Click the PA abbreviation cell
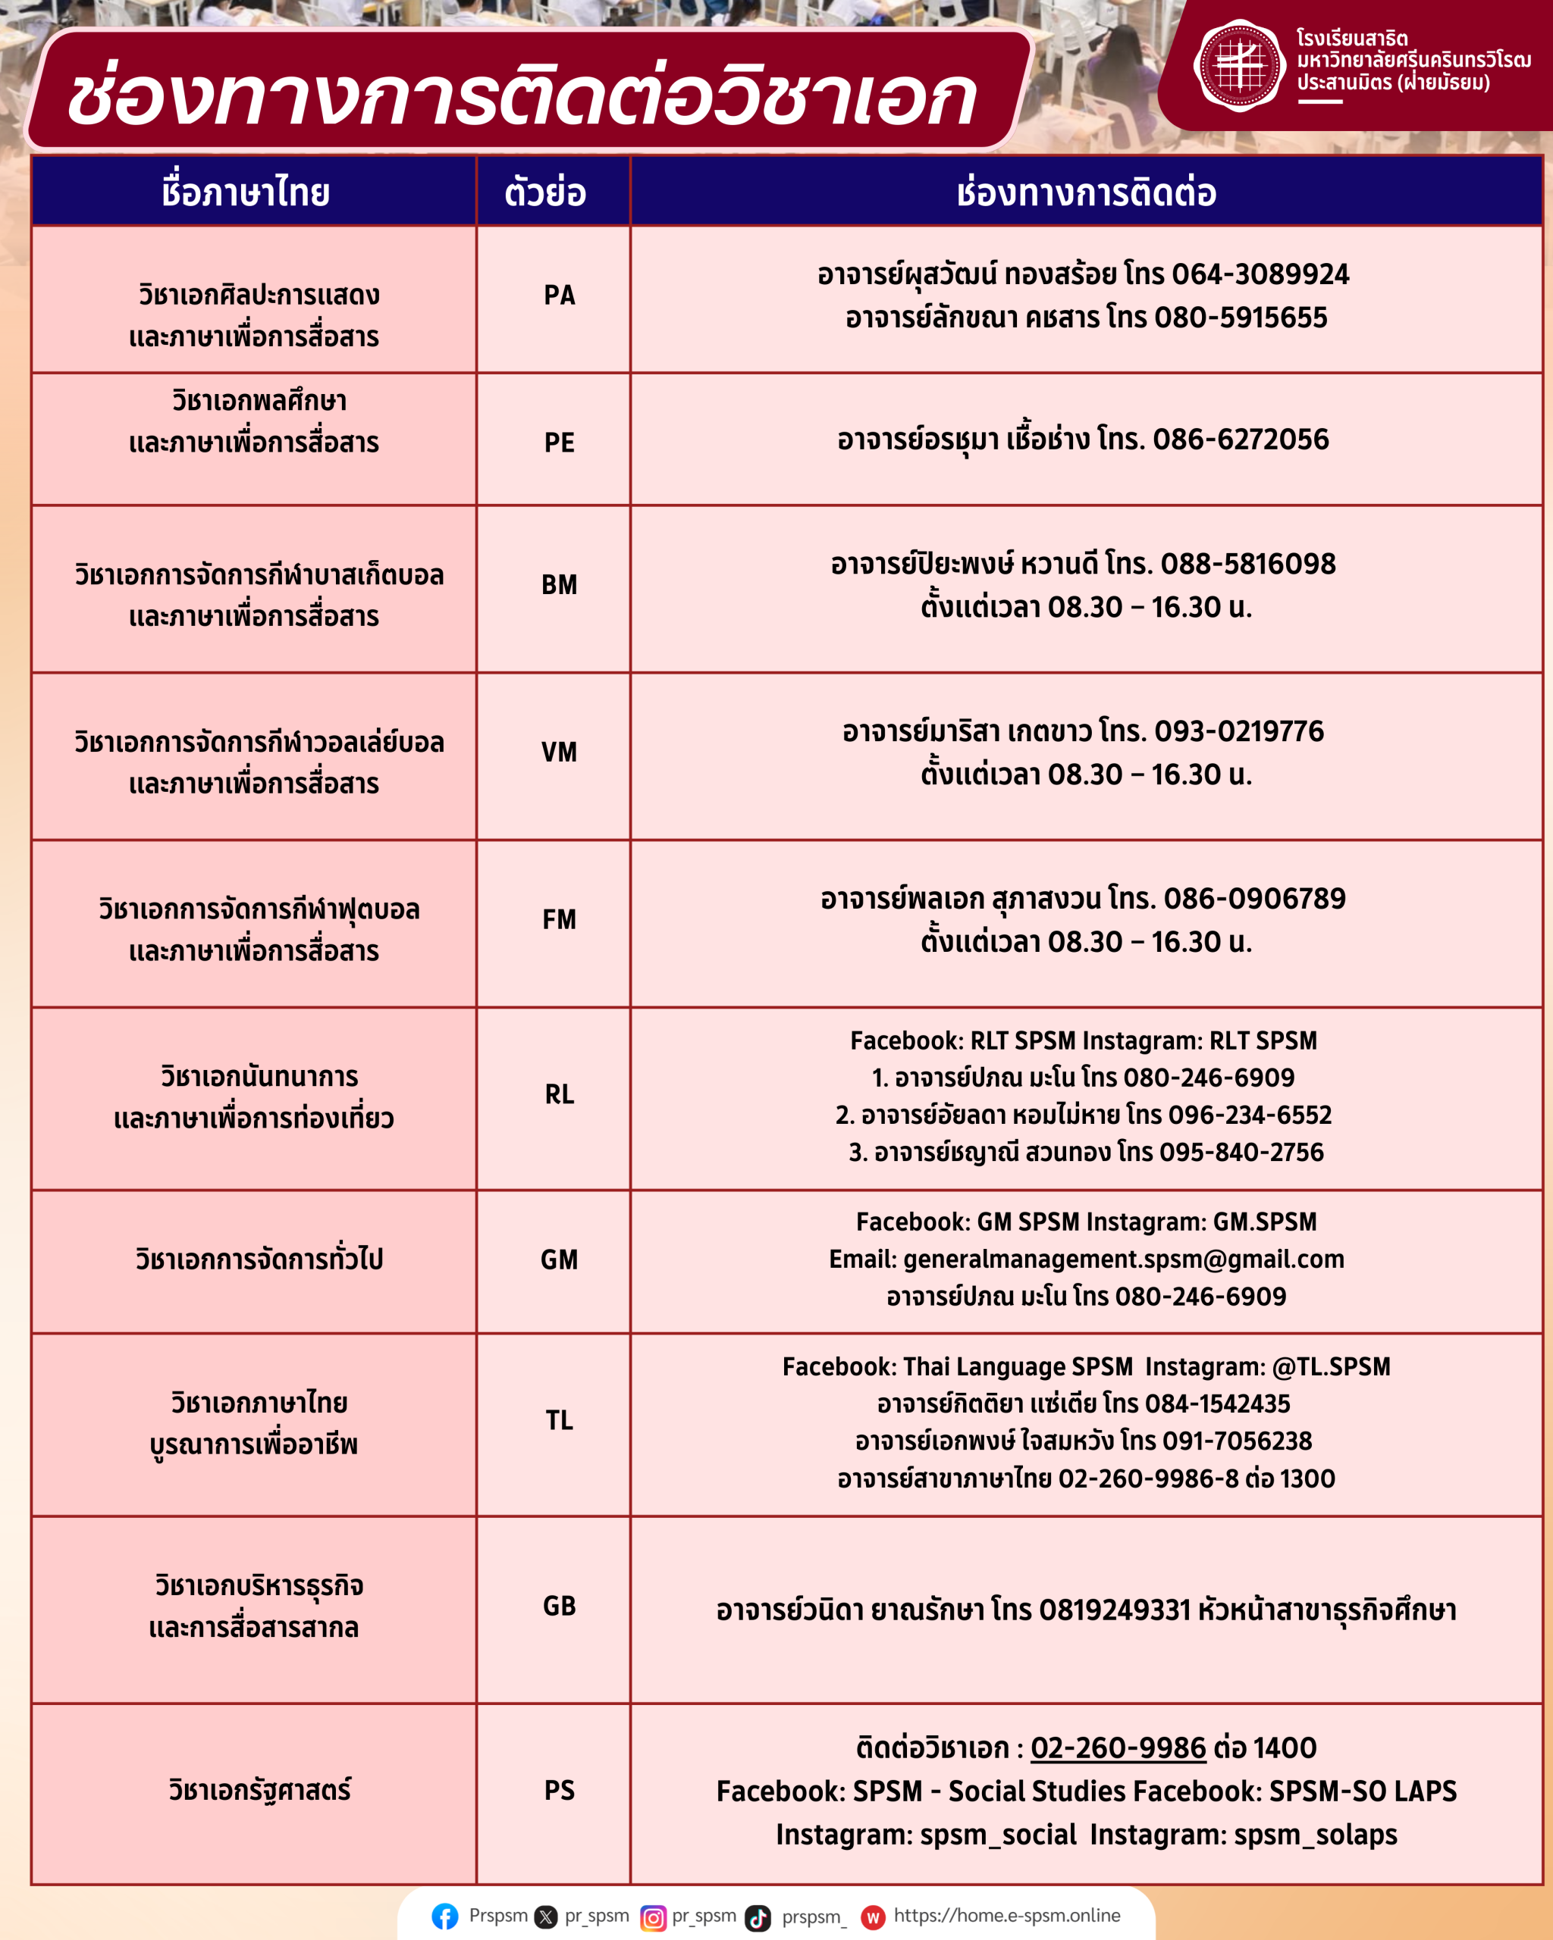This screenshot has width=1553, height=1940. click(x=559, y=295)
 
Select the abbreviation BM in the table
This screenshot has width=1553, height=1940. click(x=559, y=585)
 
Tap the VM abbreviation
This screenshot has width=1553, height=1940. click(x=559, y=753)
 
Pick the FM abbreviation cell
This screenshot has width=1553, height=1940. click(x=559, y=920)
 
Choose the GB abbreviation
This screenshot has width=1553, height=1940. click(x=559, y=1606)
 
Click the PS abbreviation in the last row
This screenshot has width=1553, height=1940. click(x=559, y=1790)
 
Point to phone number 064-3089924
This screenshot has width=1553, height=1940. click(x=1260, y=274)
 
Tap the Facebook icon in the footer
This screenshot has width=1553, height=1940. click(x=444, y=1917)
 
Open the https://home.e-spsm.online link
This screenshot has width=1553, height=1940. click(x=1006, y=1916)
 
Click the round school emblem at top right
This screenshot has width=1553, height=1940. click(x=1240, y=64)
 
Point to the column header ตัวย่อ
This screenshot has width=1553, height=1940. click(x=544, y=192)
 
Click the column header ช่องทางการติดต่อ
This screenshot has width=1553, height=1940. click(x=1086, y=192)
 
